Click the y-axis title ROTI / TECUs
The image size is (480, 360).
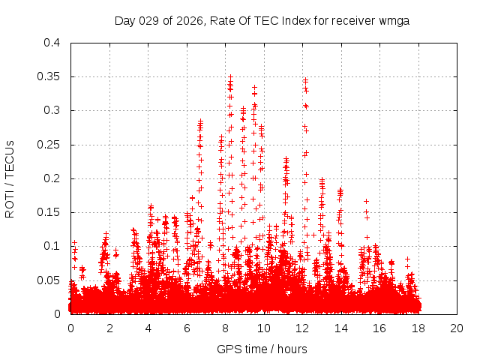pos(10,178)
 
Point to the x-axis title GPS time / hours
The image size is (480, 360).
pos(262,349)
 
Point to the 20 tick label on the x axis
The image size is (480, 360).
pos(457,328)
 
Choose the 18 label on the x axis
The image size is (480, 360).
pos(418,328)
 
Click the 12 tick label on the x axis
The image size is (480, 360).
pos(302,328)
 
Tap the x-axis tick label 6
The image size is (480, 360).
pos(187,328)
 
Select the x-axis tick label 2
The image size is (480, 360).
pos(109,328)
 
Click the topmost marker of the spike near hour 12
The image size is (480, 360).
pos(305,79)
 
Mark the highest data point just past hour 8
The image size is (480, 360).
pos(230,76)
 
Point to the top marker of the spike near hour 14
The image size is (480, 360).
pos(340,190)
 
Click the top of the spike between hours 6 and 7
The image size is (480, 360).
pos(201,121)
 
